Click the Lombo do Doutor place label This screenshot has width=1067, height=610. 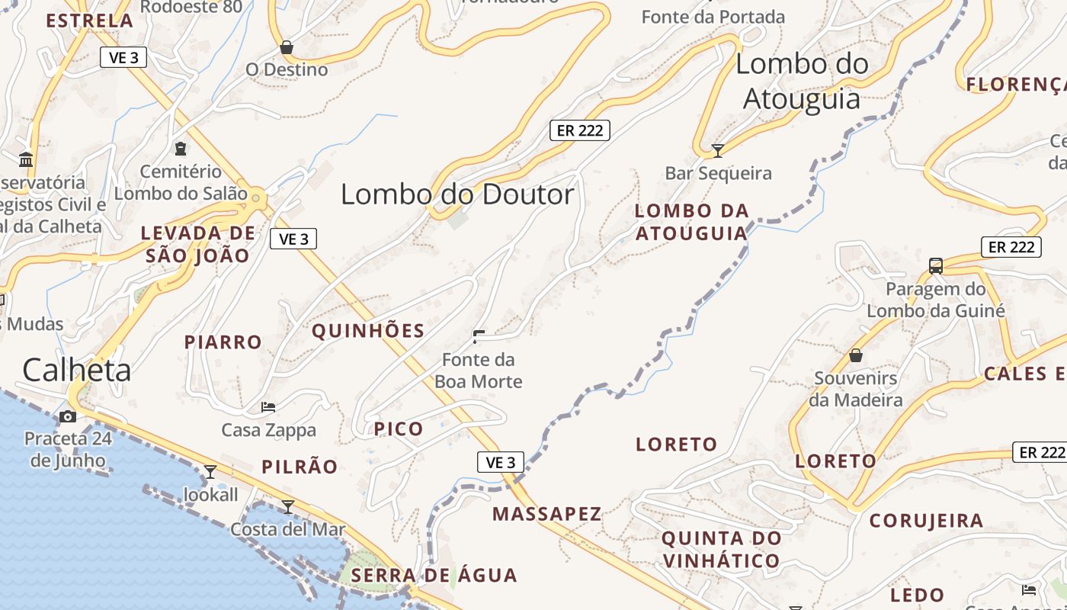[457, 194]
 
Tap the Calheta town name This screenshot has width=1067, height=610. [76, 371]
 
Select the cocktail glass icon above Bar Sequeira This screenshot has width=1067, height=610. [717, 150]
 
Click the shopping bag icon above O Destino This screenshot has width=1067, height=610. [287, 47]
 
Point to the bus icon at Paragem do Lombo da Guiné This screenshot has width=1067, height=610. [936, 266]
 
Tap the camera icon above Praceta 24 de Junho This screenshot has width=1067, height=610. [68, 416]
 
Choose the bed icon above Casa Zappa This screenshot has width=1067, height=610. [268, 407]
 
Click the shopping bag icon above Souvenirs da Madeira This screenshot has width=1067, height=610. [856, 355]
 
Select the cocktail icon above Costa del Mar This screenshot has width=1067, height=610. [288, 506]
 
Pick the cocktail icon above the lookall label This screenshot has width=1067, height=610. [210, 472]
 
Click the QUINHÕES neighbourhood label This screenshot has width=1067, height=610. [368, 331]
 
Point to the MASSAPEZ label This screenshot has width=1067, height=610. [546, 514]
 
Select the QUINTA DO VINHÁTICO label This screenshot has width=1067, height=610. [721, 550]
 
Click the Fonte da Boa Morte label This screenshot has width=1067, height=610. [479, 371]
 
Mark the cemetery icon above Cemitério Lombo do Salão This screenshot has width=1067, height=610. [181, 149]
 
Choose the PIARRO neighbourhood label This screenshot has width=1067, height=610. [223, 342]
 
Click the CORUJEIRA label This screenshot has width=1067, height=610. [926, 522]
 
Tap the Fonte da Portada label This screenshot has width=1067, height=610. [713, 17]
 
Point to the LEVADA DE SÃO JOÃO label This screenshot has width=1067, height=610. [197, 244]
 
